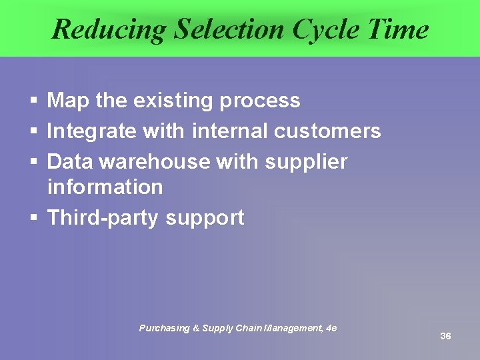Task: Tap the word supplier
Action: tap(306, 161)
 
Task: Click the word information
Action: tap(105, 187)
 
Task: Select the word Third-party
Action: tap(103, 217)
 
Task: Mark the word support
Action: tap(205, 218)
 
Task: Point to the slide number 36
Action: tap(445, 336)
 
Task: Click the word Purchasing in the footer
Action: tap(163, 328)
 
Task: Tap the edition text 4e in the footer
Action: tap(331, 328)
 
